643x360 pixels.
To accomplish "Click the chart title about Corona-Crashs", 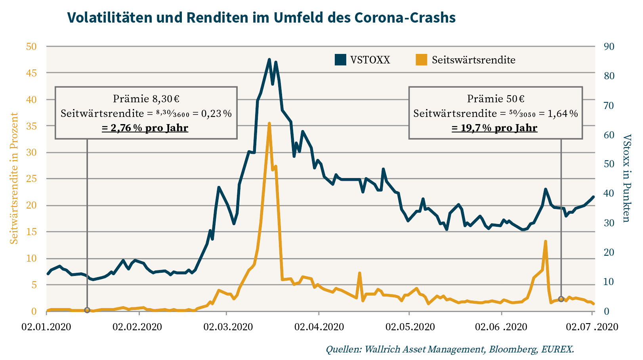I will point(261,17).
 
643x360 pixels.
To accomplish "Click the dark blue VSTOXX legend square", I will point(340,59).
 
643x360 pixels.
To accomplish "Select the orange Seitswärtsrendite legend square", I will point(421,59).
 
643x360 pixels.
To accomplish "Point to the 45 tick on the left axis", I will point(31,73).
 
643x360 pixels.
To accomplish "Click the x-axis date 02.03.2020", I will point(228,327).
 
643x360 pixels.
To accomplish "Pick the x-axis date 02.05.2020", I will point(410,327).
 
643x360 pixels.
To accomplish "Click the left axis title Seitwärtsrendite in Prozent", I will point(14,178).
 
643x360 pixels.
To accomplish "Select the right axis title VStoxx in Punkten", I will point(626,178).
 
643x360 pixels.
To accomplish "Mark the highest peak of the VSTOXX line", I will point(269,59).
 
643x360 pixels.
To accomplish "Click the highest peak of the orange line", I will point(269,123).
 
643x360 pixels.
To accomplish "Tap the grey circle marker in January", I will point(87,310).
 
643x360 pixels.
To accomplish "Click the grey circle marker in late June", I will point(561,299).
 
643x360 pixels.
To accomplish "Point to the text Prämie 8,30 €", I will point(146,99).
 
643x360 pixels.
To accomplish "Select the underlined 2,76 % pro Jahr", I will point(145,128).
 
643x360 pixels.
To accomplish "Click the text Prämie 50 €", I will point(496,99).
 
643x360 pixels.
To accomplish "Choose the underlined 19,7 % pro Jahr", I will point(494,128).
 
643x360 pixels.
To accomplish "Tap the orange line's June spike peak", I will point(546,241).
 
